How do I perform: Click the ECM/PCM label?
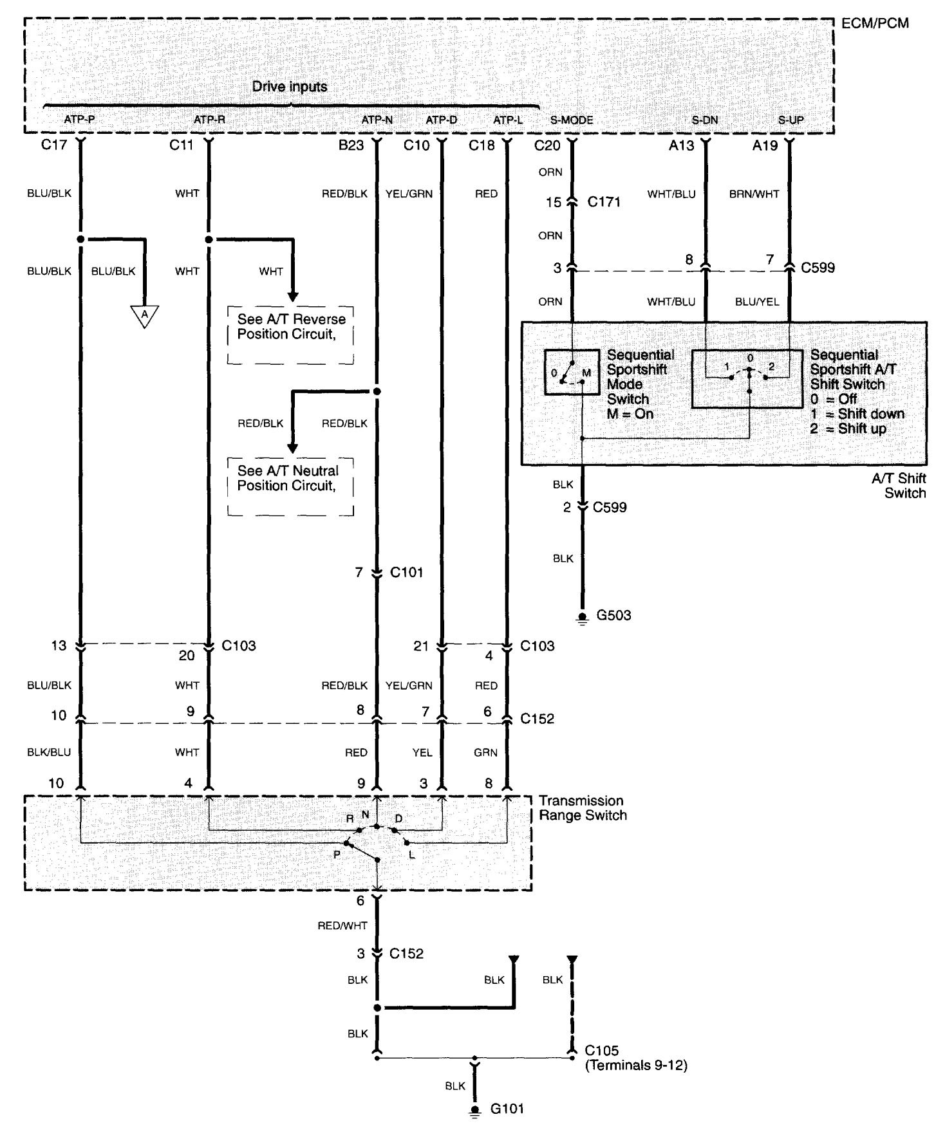coord(875,24)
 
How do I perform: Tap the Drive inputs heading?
coord(289,86)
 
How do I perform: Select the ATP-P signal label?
coord(79,120)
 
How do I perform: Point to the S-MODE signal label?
coord(572,120)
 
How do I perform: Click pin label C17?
coord(54,145)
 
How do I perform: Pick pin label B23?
coord(351,145)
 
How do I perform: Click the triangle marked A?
coord(145,315)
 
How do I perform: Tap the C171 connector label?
coord(604,202)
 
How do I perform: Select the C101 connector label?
coord(407,572)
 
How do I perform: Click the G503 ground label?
coord(613,615)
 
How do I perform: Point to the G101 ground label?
coord(507,1109)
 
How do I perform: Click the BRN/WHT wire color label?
coord(754,194)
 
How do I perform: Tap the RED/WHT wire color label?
coord(342,926)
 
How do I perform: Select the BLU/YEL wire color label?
coord(757,302)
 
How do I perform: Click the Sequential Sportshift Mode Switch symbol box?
coord(571,373)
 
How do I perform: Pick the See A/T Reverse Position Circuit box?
coord(290,335)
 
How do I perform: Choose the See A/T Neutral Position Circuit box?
coord(290,486)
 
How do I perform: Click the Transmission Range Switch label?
coord(582,808)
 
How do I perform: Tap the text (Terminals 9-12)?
coord(635,1066)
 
